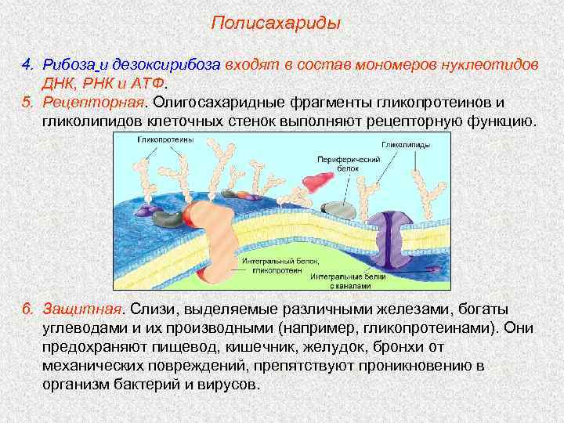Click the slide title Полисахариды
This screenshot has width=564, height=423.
(276, 23)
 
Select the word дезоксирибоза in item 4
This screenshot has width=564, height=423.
(173, 64)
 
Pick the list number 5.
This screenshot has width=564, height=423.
(26, 103)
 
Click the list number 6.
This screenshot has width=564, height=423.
(26, 307)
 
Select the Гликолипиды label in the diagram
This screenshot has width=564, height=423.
(404, 144)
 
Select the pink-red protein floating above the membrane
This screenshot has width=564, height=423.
(316, 182)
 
